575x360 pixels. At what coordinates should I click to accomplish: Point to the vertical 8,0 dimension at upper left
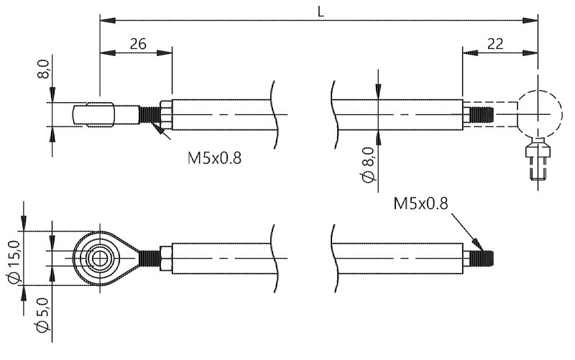pyautogui.click(x=43, y=72)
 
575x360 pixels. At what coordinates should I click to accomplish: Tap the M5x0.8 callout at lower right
pyautogui.click(x=421, y=205)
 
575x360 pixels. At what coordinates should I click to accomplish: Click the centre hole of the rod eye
pyautogui.click(x=98, y=257)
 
